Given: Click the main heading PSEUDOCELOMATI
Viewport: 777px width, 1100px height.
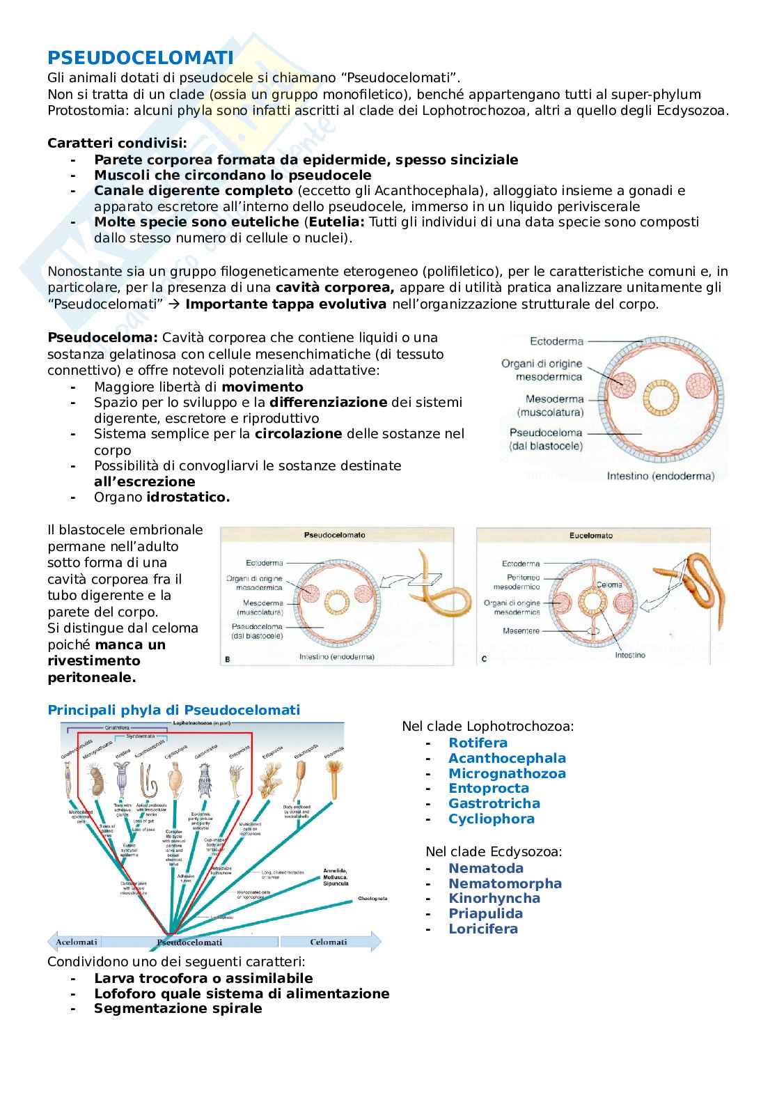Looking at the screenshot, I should point(140,58).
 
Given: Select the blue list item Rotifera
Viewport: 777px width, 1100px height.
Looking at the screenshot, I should point(478,743).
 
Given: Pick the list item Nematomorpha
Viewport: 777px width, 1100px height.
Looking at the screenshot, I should point(505,883).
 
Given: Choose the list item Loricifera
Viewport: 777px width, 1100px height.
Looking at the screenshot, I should point(483,929).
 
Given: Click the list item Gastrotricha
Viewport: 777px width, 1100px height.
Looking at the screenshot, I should point(494,803).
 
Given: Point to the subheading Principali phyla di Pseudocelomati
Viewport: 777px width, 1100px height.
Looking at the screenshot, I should point(173,710).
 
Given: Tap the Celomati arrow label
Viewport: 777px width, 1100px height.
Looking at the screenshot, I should point(328,942).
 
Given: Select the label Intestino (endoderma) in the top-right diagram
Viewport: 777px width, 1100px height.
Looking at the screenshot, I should point(661,477).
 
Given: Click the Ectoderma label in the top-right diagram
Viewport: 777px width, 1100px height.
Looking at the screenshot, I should point(556,341).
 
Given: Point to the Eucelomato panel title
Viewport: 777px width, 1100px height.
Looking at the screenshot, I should point(591,536).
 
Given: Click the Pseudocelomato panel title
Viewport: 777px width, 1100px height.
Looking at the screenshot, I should point(335,536).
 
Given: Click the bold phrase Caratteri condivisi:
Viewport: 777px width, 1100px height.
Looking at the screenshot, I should point(117,143).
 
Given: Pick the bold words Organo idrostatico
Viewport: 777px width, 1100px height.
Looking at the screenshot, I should point(162,497).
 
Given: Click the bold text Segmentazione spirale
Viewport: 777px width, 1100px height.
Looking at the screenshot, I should point(178,1008).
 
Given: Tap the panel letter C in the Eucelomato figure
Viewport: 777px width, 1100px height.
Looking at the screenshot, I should point(484,658).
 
